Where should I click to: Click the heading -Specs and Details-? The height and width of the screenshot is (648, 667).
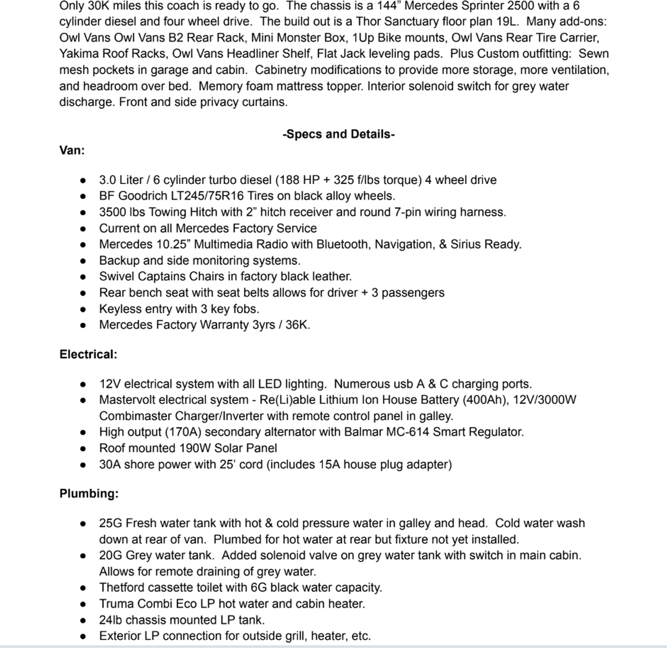tap(339, 134)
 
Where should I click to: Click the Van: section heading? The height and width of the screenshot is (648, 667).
tap(72, 150)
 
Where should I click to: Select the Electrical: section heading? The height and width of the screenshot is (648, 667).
tap(88, 354)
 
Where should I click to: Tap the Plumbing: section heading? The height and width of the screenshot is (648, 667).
tap(89, 493)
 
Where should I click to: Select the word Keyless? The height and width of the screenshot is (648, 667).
tap(119, 309)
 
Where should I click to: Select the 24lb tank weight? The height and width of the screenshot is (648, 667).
tap(111, 620)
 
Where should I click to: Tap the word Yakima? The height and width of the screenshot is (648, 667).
tap(79, 54)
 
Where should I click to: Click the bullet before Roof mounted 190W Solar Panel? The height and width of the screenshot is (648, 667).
tap(83, 448)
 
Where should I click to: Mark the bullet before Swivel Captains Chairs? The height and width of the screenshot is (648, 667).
tap(83, 277)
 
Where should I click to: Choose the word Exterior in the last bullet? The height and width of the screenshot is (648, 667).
tap(120, 636)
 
